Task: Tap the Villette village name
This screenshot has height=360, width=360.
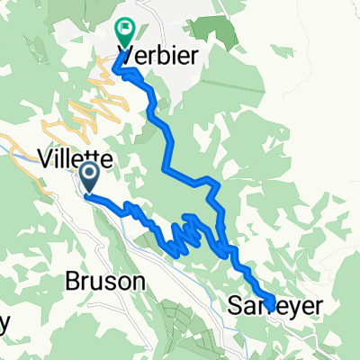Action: (x=76, y=159)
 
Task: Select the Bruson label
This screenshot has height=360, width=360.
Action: (x=104, y=281)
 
